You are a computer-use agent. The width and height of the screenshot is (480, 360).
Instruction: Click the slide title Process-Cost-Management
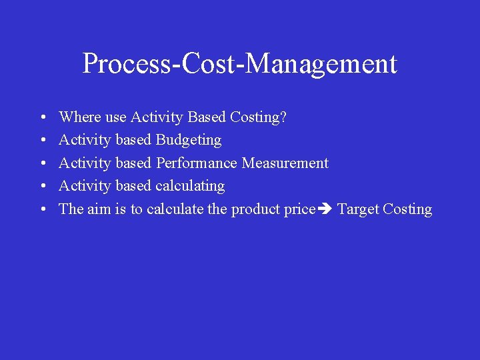240,64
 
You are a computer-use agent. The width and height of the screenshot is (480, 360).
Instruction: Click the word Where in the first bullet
80,117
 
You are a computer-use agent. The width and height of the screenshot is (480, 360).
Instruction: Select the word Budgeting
188,141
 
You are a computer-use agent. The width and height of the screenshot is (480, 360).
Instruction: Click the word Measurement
285,163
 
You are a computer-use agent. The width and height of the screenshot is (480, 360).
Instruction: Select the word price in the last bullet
299,209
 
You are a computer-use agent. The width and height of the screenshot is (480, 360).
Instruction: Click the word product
255,209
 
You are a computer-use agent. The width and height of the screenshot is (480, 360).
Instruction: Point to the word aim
98,209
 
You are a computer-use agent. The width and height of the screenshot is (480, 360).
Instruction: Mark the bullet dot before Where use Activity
42,118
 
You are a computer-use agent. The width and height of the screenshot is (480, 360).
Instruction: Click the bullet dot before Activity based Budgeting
42,141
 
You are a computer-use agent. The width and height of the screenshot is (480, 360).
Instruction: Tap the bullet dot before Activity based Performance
42,164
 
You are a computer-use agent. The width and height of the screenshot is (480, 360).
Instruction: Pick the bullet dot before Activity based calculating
42,187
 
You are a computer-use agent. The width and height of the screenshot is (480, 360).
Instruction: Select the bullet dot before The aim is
42,210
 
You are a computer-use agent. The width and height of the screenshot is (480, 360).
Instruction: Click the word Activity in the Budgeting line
85,141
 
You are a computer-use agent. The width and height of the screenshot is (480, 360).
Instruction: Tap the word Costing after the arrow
407,209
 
